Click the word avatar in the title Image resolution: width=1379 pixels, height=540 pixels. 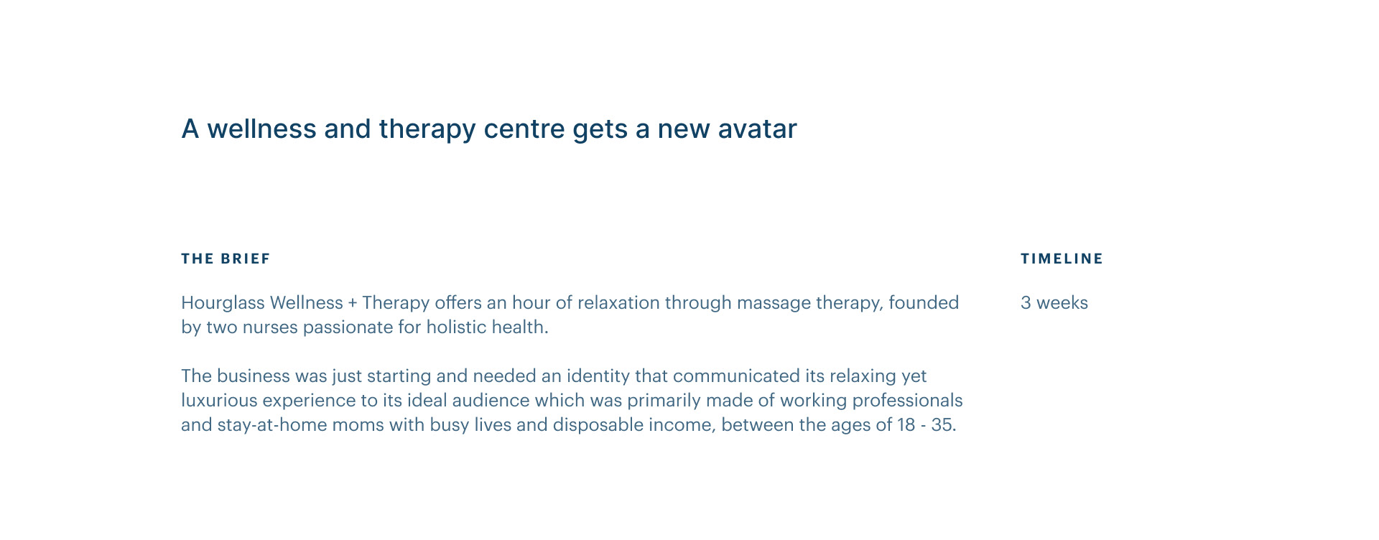[757, 129]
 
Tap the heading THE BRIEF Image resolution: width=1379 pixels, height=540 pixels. [226, 259]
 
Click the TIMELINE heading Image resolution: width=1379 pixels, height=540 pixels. [1062, 259]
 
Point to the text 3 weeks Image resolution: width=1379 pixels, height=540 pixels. [1054, 303]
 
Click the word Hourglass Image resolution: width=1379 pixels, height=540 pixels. [223, 303]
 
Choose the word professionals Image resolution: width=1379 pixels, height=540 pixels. [907, 401]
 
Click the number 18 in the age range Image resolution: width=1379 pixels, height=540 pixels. [906, 425]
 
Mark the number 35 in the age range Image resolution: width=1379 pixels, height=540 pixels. [942, 425]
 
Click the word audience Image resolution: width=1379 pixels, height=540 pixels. [491, 401]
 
